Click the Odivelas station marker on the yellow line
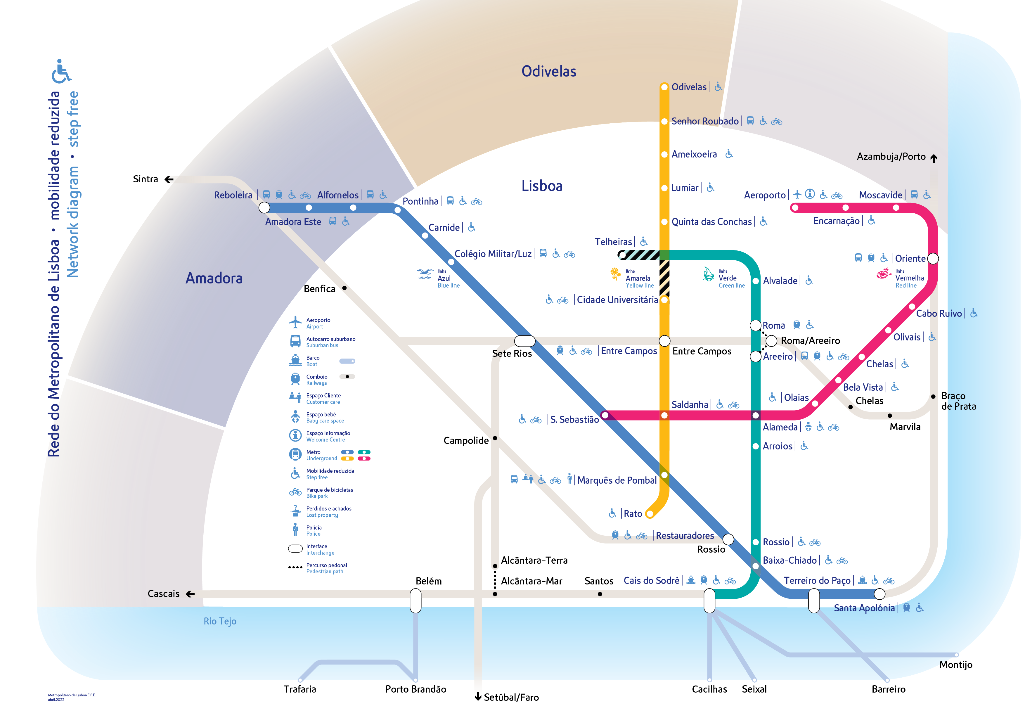tap(664, 87)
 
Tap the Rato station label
tap(633, 514)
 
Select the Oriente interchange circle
tap(933, 259)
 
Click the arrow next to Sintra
tap(169, 179)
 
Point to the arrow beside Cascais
tap(190, 594)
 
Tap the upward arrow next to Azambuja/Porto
tap(934, 158)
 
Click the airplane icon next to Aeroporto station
tap(797, 194)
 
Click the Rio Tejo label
tap(220, 622)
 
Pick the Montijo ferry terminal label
tap(956, 665)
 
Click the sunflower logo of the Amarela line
tap(615, 274)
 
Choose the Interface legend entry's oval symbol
tap(295, 549)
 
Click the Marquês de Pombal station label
tap(617, 480)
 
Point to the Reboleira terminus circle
tap(264, 207)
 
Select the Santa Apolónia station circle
tap(879, 594)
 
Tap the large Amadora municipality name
tap(214, 278)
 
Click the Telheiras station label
tap(613, 242)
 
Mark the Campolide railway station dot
tap(495, 438)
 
